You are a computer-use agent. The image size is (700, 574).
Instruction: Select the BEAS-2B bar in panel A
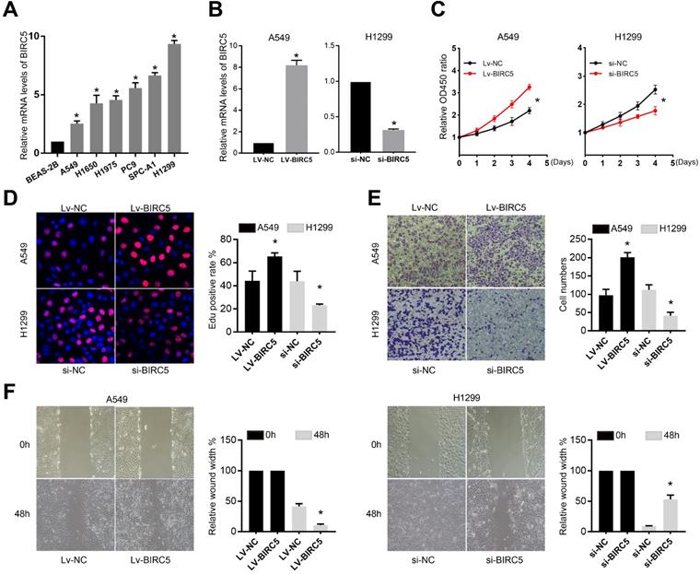pos(58,147)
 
